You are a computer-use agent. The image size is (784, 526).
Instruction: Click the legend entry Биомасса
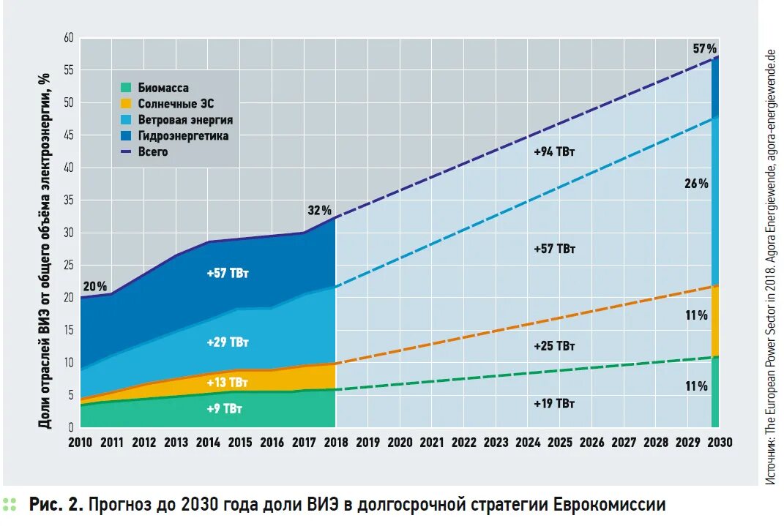tap(163, 88)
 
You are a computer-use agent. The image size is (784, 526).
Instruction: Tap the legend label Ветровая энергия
tap(185, 120)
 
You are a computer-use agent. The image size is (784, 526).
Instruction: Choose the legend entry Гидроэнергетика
tap(183, 136)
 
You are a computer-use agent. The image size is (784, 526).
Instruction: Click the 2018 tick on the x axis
tap(335, 443)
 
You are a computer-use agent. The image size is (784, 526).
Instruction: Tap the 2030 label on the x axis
tap(720, 443)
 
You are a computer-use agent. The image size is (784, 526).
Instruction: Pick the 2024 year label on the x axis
tap(527, 443)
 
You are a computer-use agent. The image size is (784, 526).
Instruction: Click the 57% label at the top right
tap(705, 49)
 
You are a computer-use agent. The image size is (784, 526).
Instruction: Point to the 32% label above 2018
tap(320, 211)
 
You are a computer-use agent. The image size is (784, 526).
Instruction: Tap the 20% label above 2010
tap(94, 286)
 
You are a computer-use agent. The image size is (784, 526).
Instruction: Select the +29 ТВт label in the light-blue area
tap(228, 342)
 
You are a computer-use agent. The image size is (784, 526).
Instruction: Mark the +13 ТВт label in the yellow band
tap(228, 383)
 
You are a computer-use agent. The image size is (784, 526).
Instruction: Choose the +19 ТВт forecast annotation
tap(554, 404)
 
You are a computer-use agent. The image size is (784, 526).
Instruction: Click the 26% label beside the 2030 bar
tap(697, 184)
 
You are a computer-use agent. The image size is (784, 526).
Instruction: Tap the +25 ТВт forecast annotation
tap(554, 345)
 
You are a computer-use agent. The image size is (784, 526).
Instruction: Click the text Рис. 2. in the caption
tap(56, 505)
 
